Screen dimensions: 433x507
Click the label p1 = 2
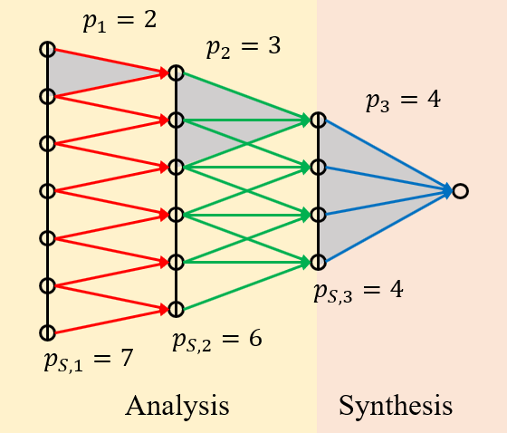coord(120,21)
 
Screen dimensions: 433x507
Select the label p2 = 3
coord(244,47)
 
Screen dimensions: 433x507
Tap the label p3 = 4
coord(403,100)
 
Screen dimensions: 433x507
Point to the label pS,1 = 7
coord(89,359)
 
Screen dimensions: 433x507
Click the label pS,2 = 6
coord(217,341)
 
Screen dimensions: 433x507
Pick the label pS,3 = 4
coord(359,292)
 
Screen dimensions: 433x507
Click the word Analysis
coord(177,405)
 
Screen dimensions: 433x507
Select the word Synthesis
coord(396,405)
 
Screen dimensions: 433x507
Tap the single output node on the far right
coord(461,191)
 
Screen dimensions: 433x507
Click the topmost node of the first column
coord(47,49)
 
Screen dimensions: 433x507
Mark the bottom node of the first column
coord(47,332)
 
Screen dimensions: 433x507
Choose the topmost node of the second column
coord(176,72)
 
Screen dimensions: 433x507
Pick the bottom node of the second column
coord(176,309)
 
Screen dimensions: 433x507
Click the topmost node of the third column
coord(318,120)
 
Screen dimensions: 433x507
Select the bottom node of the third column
coord(318,263)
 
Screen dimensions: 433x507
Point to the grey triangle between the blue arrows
coord(362,190)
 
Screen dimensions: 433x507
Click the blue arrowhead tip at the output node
coord(450,191)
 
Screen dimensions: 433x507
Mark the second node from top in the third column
coord(318,168)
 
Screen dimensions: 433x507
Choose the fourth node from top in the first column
coord(47,191)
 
